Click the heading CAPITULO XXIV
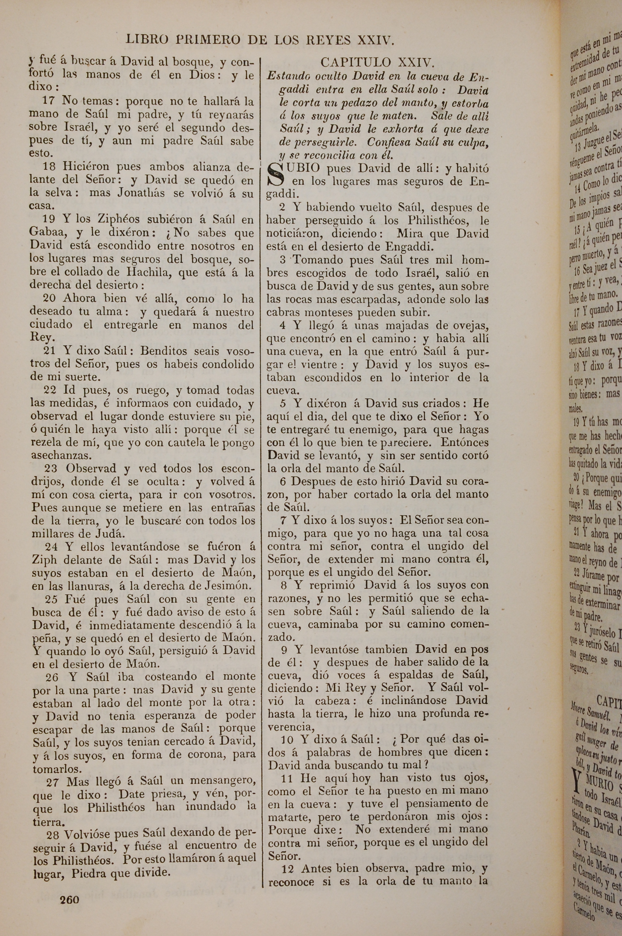(x=378, y=62)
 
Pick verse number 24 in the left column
(x=52, y=547)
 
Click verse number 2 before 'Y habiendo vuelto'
(x=282, y=207)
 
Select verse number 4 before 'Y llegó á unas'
(x=282, y=325)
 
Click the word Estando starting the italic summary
(x=288, y=76)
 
